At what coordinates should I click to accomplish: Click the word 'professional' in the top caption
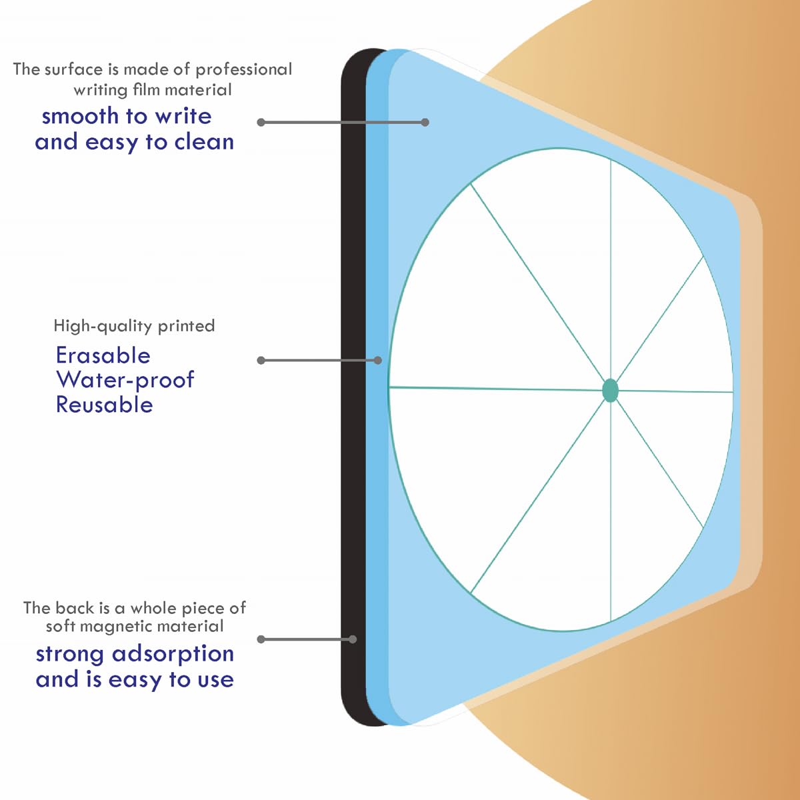tap(244, 70)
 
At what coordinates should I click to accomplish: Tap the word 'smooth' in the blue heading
tap(80, 116)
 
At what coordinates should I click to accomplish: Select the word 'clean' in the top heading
tap(204, 142)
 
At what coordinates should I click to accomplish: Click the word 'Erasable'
tap(103, 356)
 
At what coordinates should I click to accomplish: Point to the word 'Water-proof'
tap(125, 380)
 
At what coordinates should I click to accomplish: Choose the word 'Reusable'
tap(104, 405)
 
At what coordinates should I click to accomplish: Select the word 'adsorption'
tap(173, 654)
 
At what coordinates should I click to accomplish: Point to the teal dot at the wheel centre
tap(610, 390)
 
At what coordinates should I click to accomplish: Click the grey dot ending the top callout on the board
tap(425, 123)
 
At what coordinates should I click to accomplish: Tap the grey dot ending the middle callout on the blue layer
tap(377, 361)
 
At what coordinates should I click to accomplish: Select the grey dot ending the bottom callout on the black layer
tap(353, 639)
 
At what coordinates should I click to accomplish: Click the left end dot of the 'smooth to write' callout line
tap(261, 123)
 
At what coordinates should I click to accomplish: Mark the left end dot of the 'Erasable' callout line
tap(261, 361)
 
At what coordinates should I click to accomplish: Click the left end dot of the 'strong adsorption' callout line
tap(261, 639)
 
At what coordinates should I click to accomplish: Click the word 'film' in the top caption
tap(143, 90)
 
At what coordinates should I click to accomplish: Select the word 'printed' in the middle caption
tap(186, 327)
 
